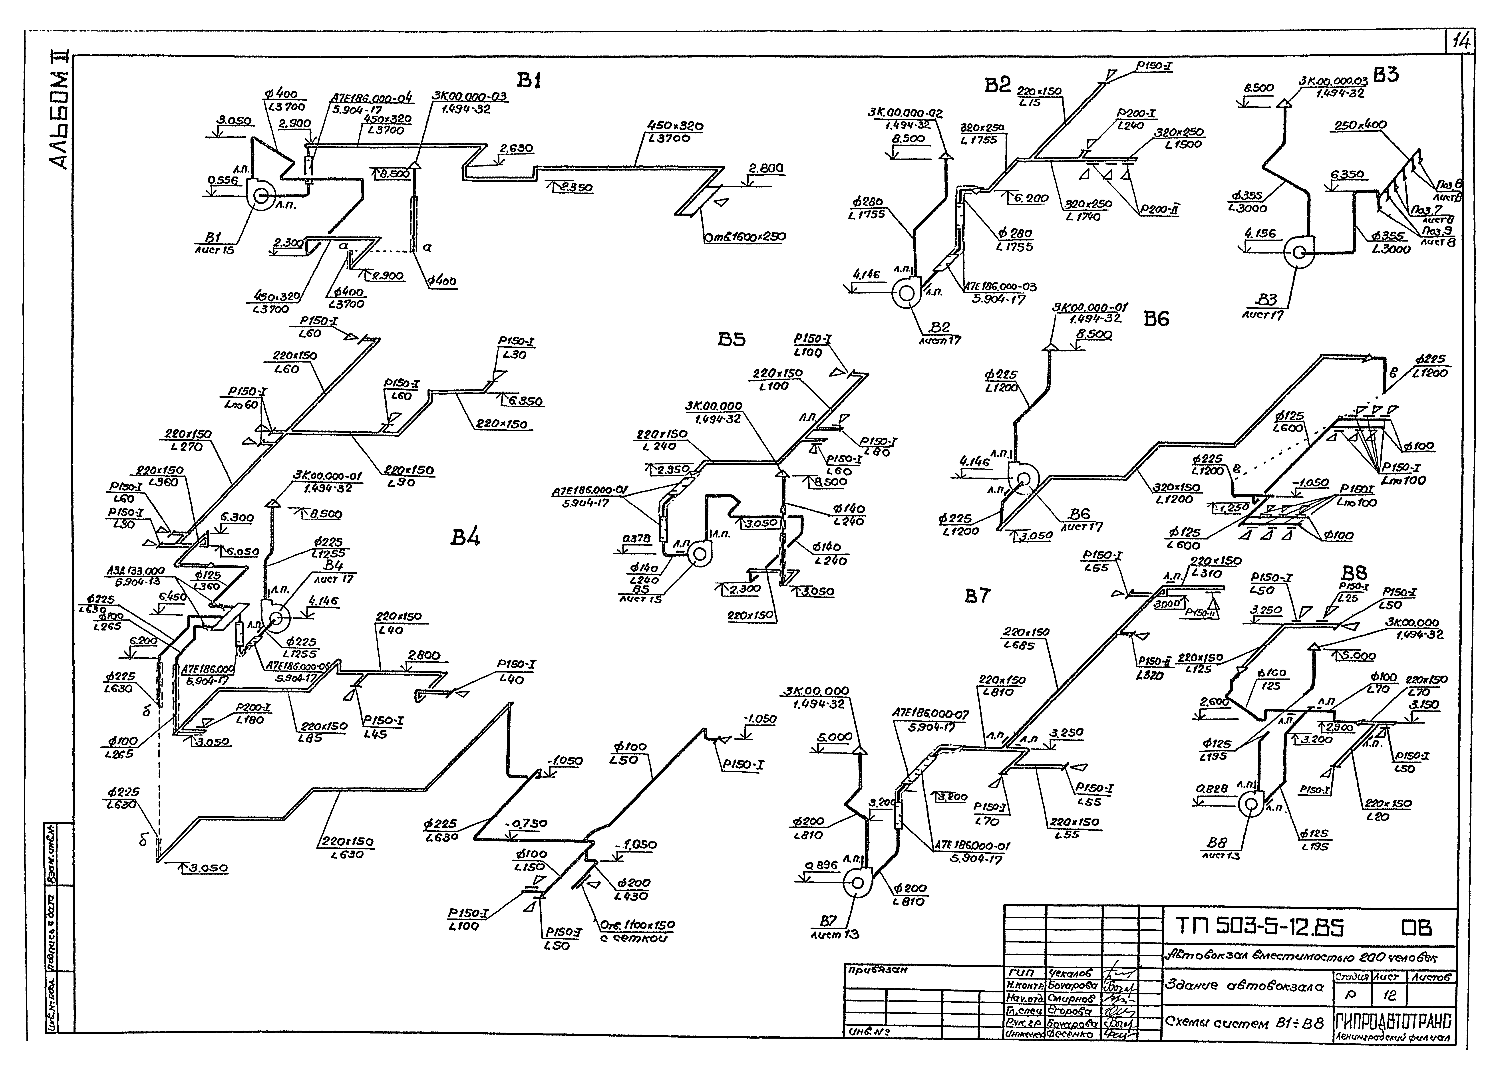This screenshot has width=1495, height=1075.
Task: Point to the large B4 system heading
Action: (465, 538)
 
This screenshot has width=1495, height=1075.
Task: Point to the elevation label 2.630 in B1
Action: (516, 149)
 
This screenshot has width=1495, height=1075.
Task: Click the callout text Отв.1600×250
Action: (744, 236)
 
